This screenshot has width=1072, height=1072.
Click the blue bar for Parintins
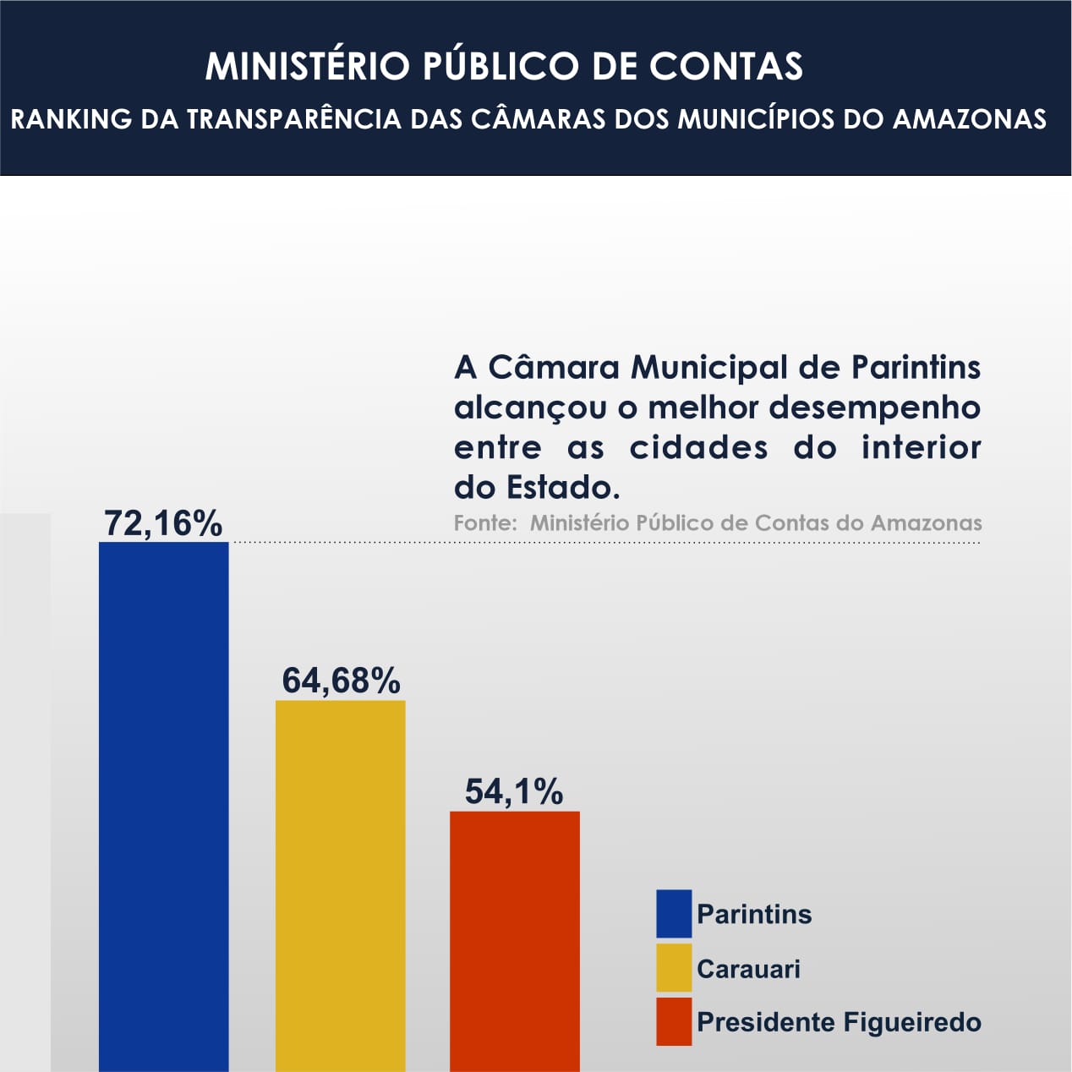click(x=163, y=803)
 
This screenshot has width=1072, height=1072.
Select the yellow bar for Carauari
click(x=340, y=883)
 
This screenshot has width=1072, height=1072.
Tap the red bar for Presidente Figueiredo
click(x=514, y=938)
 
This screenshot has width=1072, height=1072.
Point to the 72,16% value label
click(x=163, y=523)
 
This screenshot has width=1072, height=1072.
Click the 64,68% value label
click(x=341, y=681)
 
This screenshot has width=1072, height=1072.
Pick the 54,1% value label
click(x=514, y=792)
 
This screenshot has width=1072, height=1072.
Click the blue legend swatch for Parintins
click(x=674, y=914)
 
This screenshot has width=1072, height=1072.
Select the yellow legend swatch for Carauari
click(x=674, y=968)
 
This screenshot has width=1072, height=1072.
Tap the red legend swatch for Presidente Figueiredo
click(x=674, y=1022)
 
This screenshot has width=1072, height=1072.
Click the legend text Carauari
click(x=748, y=969)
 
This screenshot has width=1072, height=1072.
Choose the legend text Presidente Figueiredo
click(x=839, y=1022)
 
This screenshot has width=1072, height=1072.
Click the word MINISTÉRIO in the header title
click(x=307, y=67)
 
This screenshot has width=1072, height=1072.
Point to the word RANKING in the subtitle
click(x=71, y=119)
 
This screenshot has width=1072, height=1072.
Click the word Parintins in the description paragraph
click(x=916, y=368)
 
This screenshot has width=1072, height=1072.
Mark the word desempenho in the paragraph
click(x=875, y=407)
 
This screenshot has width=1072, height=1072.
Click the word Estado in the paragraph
click(x=561, y=488)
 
